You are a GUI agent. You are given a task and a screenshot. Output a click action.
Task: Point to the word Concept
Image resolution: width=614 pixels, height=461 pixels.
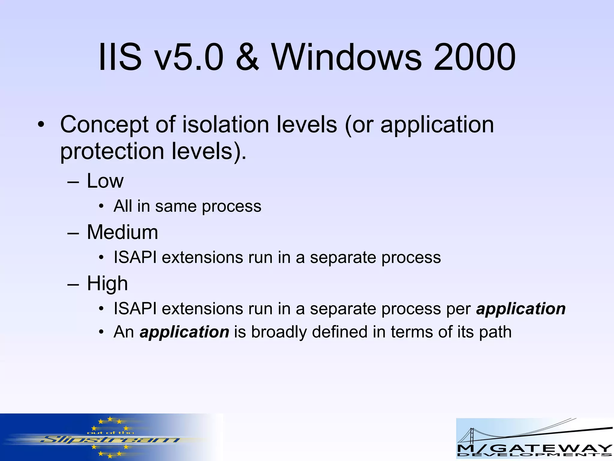[104, 125]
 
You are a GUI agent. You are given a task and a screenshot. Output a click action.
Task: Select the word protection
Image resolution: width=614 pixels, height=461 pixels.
[112, 151]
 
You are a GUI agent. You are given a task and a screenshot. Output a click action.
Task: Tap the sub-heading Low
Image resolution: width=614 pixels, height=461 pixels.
[105, 181]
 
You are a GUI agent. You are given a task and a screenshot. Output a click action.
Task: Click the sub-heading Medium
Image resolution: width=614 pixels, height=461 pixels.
[122, 232]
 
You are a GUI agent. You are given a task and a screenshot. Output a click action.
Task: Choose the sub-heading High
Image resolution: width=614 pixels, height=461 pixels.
[107, 284]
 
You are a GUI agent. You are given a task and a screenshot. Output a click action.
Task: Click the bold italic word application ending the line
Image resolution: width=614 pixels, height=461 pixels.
[521, 309]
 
